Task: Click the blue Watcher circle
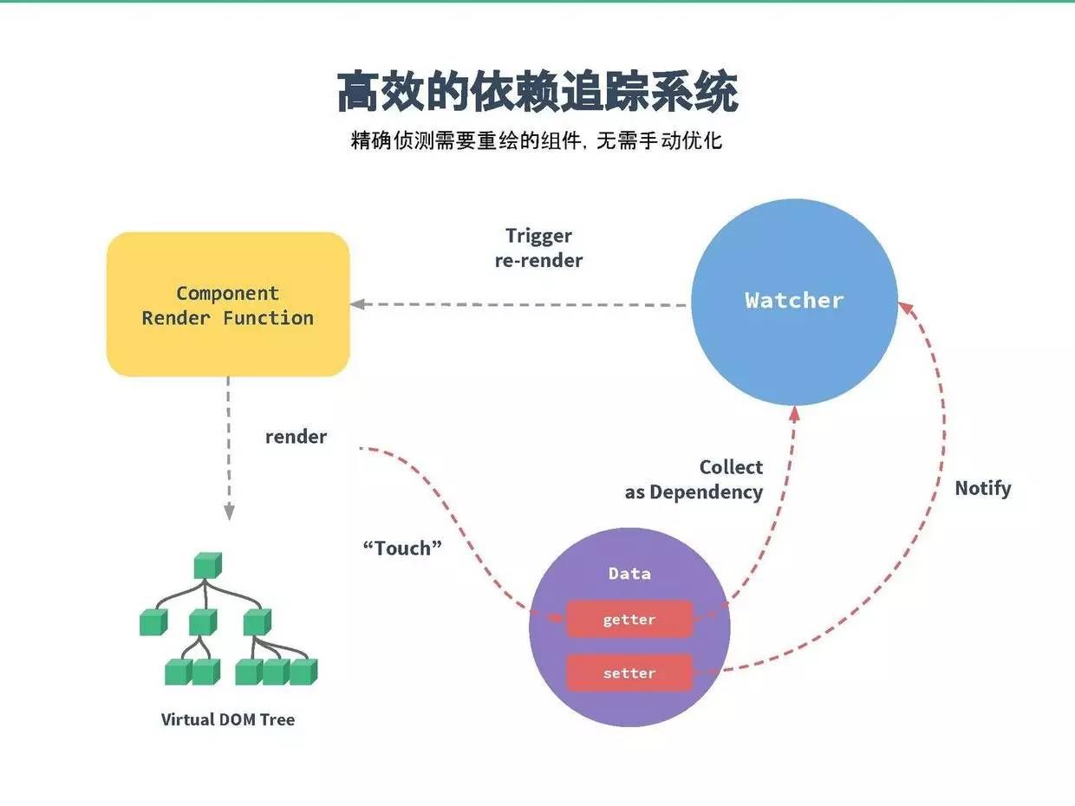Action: pyautogui.click(x=794, y=302)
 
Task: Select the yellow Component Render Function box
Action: pyautogui.click(x=228, y=305)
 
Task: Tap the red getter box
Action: pyautogui.click(x=629, y=620)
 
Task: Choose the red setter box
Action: pyautogui.click(x=629, y=673)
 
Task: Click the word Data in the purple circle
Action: pyautogui.click(x=629, y=574)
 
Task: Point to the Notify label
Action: pyautogui.click(x=982, y=488)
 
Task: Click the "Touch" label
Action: pyautogui.click(x=402, y=548)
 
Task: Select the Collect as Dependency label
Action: pyautogui.click(x=694, y=479)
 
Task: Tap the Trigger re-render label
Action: pyautogui.click(x=538, y=248)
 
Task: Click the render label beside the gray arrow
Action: pyautogui.click(x=296, y=437)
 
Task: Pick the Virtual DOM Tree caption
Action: pyautogui.click(x=228, y=719)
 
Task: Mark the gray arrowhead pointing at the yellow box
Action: pyautogui.click(x=357, y=305)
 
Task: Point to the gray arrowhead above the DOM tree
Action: pyautogui.click(x=229, y=513)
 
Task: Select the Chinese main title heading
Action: pyautogui.click(x=537, y=93)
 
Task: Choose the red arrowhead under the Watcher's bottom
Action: pyautogui.click(x=793, y=414)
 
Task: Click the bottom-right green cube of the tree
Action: pyautogui.click(x=303, y=672)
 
